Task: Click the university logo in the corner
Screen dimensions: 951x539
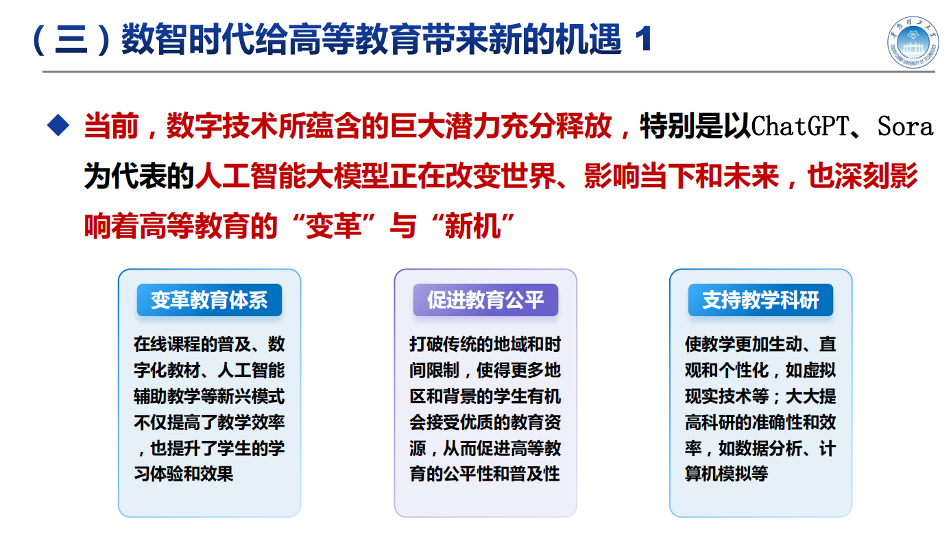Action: (x=913, y=42)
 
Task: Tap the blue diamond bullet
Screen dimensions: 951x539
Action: (x=58, y=125)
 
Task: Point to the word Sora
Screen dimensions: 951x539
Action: (x=905, y=126)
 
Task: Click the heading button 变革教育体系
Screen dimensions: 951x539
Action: (x=209, y=300)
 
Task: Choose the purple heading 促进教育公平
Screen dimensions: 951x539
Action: (x=485, y=300)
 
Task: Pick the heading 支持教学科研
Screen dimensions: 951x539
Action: (x=760, y=300)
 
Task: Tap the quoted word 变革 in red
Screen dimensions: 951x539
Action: (x=333, y=226)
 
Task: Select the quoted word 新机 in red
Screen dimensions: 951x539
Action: (x=472, y=226)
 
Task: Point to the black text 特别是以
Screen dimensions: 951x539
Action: (x=695, y=126)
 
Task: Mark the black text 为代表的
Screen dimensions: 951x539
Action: (x=139, y=176)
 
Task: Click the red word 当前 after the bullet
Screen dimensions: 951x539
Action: (x=112, y=126)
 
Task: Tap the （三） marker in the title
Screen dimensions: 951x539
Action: (x=71, y=39)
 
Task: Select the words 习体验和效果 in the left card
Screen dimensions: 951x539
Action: (x=183, y=474)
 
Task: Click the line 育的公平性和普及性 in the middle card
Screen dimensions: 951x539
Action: (x=485, y=474)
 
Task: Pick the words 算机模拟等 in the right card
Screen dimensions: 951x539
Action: (x=726, y=474)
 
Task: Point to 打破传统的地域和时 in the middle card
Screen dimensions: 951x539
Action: (x=485, y=344)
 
